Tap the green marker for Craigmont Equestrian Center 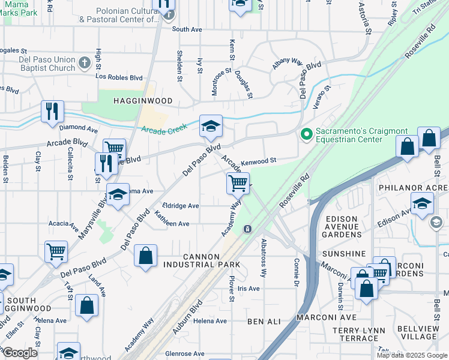(x=307, y=133)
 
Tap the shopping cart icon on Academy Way (x=238, y=183)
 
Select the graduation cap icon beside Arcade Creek (x=211, y=125)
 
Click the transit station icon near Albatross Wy (x=247, y=229)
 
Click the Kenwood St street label (x=258, y=161)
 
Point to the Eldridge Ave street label (x=176, y=206)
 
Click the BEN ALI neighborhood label (x=264, y=322)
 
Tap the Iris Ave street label (x=249, y=289)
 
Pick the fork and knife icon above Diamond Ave (x=52, y=112)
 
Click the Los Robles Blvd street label (x=119, y=77)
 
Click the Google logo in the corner (x=19, y=353)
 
